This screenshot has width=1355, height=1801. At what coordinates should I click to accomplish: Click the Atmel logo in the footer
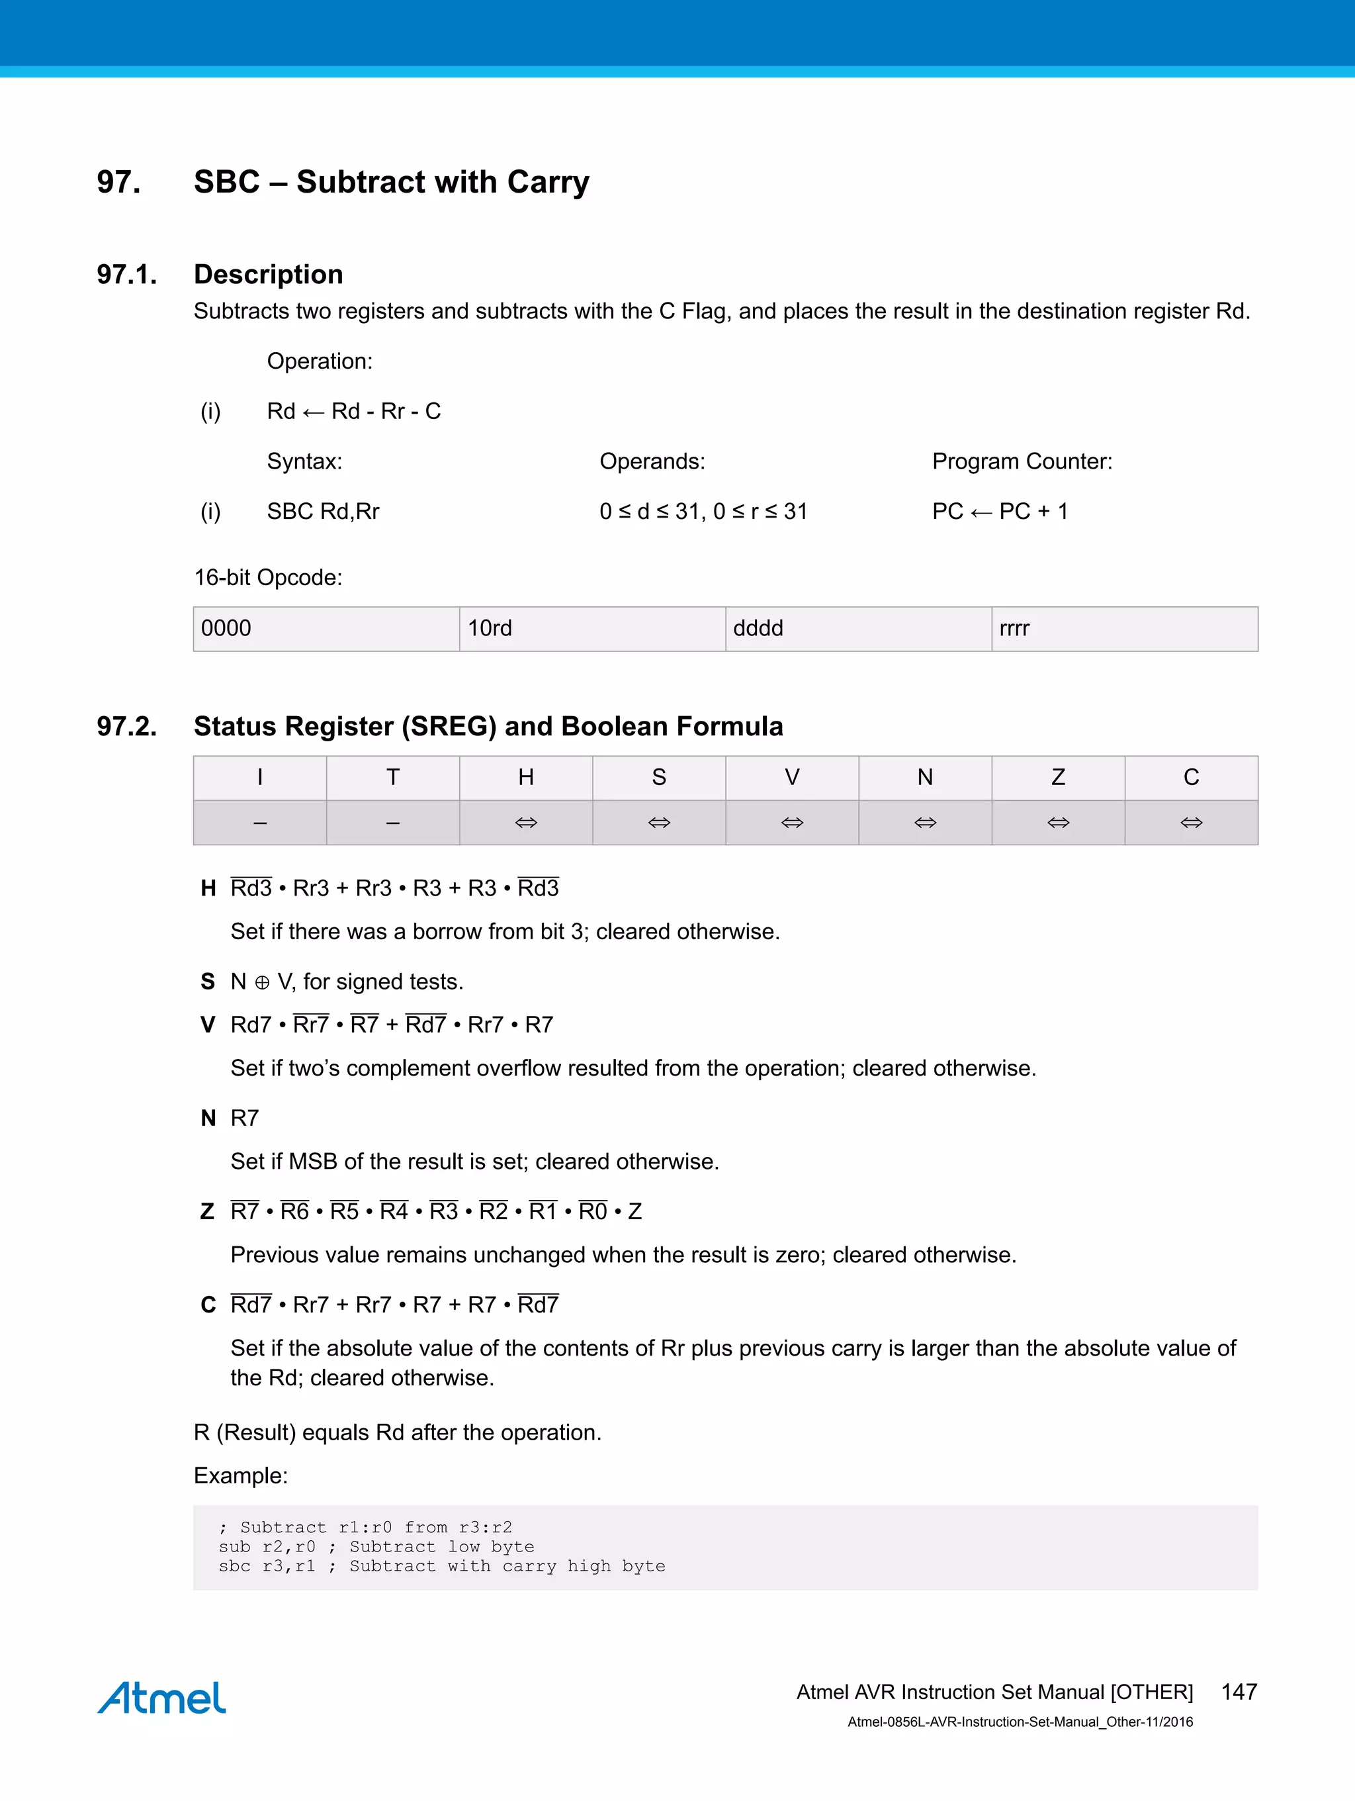(x=162, y=1698)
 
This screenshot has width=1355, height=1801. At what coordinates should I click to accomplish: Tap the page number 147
(x=1239, y=1692)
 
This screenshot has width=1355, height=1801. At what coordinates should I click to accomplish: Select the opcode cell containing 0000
(x=326, y=629)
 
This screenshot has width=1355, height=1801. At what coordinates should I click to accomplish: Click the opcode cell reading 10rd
(x=591, y=629)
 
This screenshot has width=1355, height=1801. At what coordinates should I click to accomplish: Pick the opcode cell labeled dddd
(x=857, y=629)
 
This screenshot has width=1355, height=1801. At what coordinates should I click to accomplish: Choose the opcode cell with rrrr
(x=1124, y=629)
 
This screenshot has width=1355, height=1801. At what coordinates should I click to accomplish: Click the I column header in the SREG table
(x=259, y=778)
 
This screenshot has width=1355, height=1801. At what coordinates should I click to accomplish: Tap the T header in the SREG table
(x=393, y=778)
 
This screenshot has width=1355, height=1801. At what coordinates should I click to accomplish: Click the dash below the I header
(x=259, y=823)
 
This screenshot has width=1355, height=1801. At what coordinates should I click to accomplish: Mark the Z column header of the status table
(x=1058, y=778)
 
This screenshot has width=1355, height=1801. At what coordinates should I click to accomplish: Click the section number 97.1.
(x=127, y=275)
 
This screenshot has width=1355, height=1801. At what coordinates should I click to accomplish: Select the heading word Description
(x=268, y=275)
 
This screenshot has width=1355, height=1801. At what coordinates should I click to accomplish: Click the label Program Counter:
(x=1022, y=461)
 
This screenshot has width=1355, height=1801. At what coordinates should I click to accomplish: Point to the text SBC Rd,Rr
(x=323, y=512)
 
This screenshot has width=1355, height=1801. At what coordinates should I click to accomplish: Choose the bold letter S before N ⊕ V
(x=208, y=982)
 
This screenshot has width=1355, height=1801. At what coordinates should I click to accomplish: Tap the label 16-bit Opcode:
(x=268, y=577)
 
